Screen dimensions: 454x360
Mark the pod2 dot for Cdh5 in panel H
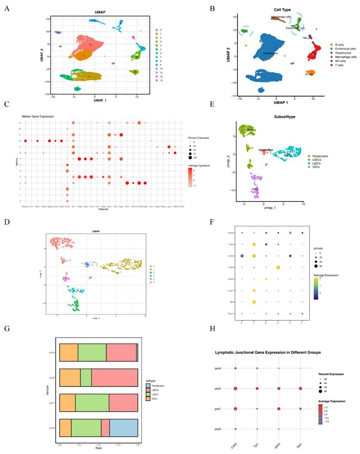pyautogui.click(x=236, y=388)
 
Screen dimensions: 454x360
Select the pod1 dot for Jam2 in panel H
pyautogui.click(x=279, y=408)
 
